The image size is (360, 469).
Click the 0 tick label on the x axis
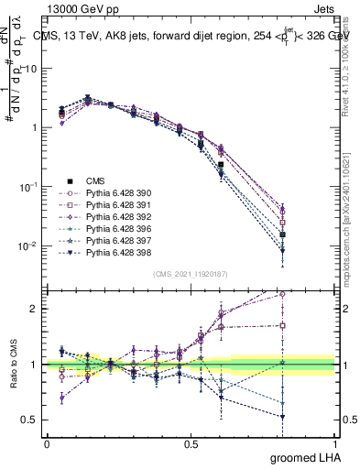[x=47, y=443]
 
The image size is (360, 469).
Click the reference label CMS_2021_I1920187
[x=191, y=274]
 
